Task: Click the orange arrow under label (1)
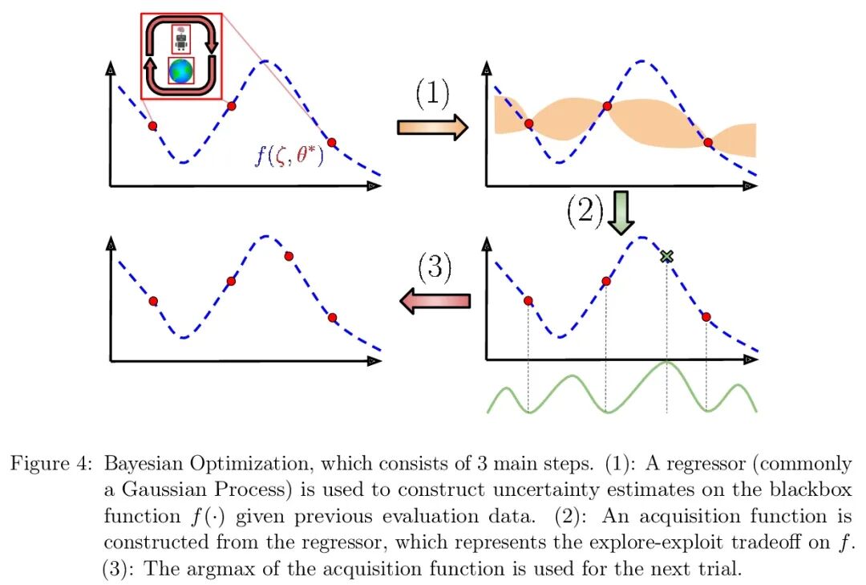[x=432, y=126]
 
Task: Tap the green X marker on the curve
[x=666, y=257]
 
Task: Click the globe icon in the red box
[x=180, y=71]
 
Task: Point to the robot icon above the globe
[x=180, y=39]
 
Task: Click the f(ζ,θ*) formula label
[x=289, y=154]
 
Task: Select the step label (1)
[x=432, y=95]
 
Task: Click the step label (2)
[x=585, y=211]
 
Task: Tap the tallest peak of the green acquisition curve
[x=666, y=363]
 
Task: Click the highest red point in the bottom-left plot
[x=289, y=256]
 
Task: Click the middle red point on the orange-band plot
[x=606, y=106]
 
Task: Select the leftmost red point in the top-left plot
[x=152, y=126]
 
